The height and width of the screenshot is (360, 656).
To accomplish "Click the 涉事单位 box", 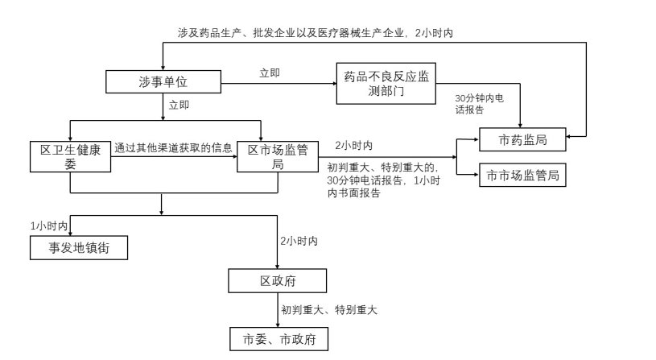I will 163,81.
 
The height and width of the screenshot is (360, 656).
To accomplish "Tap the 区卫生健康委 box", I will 70,156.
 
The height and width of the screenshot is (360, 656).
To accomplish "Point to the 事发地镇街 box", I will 79,249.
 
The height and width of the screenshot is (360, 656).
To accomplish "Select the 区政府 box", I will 277,281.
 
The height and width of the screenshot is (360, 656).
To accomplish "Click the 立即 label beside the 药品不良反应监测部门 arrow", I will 270,73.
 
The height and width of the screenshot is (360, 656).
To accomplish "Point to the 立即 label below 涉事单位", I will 179,105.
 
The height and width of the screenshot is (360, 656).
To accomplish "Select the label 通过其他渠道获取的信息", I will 174,147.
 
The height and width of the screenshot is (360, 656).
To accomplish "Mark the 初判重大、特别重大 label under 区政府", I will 329,309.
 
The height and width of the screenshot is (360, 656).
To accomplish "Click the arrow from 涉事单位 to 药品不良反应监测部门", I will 277,82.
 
